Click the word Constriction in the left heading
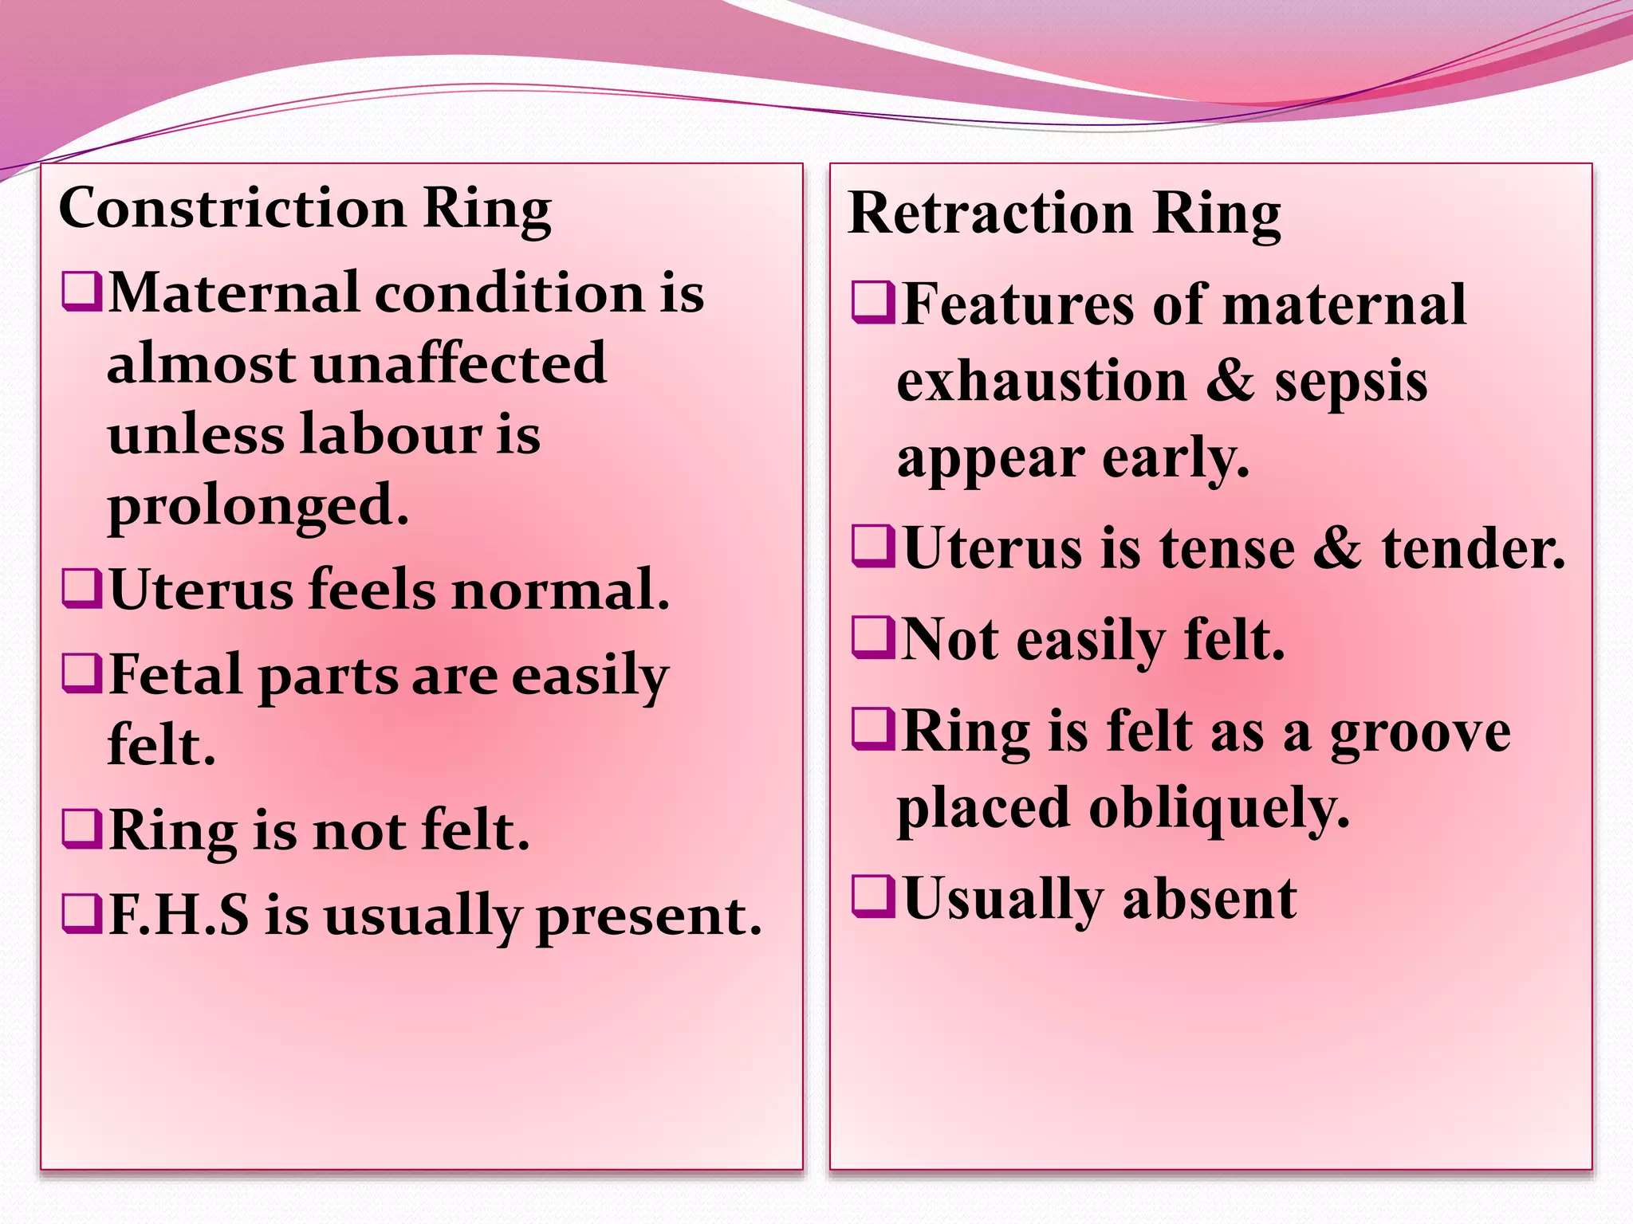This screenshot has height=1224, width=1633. (x=232, y=208)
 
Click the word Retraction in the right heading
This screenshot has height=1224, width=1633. (x=990, y=214)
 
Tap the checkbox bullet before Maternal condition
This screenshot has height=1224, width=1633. (x=81, y=292)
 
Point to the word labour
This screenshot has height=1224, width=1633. (x=391, y=435)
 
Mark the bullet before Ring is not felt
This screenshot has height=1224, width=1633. (x=81, y=830)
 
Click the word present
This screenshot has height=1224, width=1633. (x=648, y=916)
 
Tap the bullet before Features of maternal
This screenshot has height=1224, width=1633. (x=872, y=303)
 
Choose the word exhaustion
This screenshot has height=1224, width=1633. (x=1042, y=381)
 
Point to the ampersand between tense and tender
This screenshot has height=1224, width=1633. (x=1337, y=548)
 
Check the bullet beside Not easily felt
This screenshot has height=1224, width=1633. (x=872, y=637)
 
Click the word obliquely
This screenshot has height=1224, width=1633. (x=1219, y=809)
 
